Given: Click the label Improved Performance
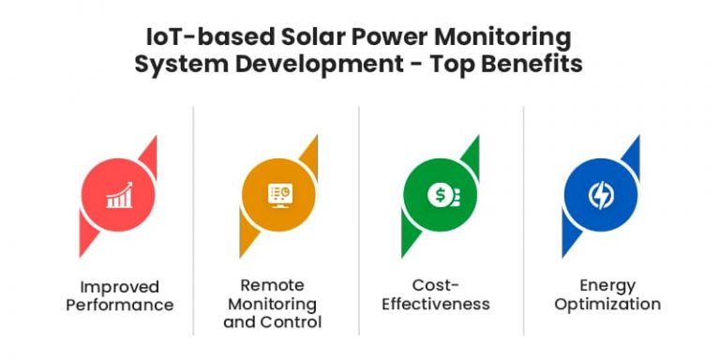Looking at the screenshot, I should pos(119,295).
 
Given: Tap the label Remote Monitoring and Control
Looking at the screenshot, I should pos(279,304).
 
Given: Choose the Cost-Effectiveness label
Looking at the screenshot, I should pos(440,295).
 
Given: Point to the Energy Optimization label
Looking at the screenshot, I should pos(600,295).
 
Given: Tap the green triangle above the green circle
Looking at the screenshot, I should pos(470,152).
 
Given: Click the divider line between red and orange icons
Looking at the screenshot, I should pos(195,216).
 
